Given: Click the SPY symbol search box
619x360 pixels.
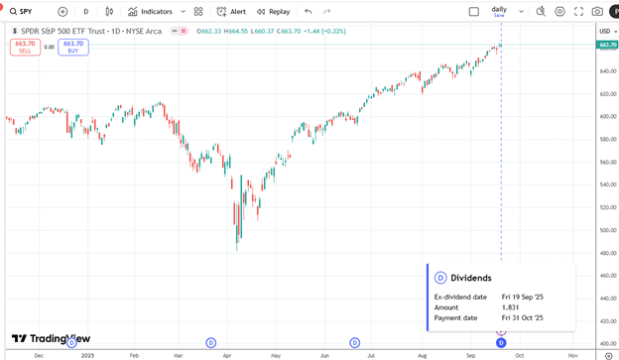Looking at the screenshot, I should click(27, 12).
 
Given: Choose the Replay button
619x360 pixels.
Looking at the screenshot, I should click(274, 12).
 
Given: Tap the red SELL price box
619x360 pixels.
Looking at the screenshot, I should click(25, 47).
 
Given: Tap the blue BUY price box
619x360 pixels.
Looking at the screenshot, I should click(72, 47).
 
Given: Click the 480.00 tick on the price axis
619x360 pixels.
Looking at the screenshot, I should click(607, 252).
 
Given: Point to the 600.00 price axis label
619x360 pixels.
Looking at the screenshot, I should click(607, 116).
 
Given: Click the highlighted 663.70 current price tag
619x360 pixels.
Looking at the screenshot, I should click(607, 45).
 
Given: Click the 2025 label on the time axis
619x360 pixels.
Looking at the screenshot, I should click(87, 354).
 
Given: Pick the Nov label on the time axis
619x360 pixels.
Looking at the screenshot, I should click(572, 354).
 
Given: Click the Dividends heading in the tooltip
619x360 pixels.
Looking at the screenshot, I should click(471, 278).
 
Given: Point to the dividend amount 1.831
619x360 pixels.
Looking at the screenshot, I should click(510, 307).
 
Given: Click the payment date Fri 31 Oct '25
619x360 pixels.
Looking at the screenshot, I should click(523, 318).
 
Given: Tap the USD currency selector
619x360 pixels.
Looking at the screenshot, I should click(605, 31).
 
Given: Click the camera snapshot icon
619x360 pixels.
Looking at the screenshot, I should click(597, 12).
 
